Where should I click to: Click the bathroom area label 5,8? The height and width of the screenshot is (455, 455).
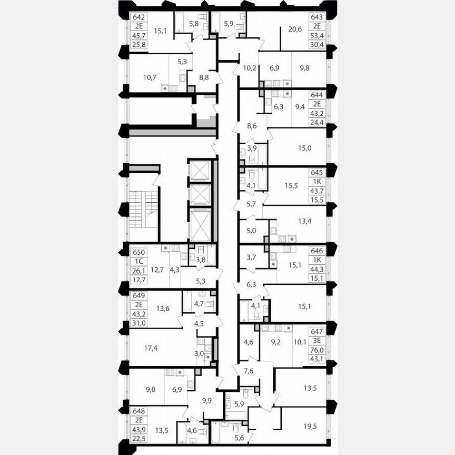(x=194, y=23)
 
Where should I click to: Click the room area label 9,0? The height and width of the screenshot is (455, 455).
(x=151, y=390)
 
